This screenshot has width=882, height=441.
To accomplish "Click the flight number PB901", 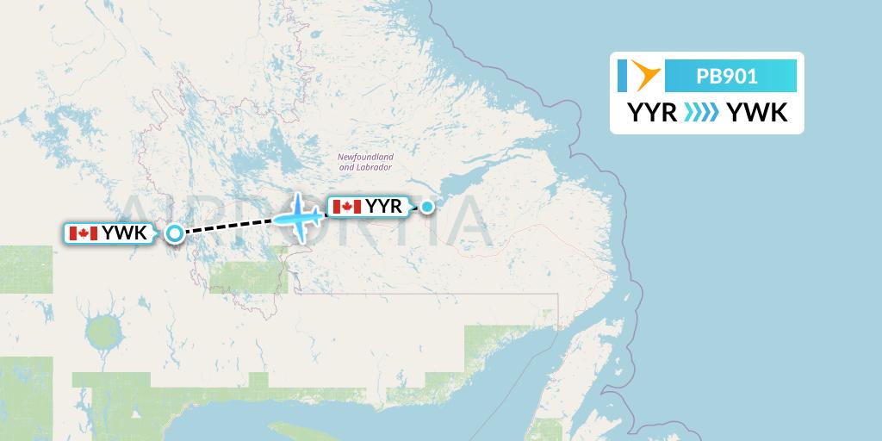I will coord(727,76).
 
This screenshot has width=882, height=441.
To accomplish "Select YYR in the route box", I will coord(652,112).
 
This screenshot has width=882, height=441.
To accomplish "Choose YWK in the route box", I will coord(757,112).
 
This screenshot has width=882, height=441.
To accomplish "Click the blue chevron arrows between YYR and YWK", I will coord(701,112).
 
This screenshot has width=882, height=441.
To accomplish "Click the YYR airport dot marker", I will coord(426,206).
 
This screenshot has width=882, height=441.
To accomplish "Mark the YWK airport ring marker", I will coord(175,233).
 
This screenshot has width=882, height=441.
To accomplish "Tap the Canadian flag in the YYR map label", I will coord(346,207).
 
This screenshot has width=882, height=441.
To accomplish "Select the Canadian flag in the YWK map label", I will coord(84,233).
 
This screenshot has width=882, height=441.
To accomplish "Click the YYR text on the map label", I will coord(384,207).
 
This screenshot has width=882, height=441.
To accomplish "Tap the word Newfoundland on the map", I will coord(365,157).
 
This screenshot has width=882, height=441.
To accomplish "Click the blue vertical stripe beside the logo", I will coord(622,76).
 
